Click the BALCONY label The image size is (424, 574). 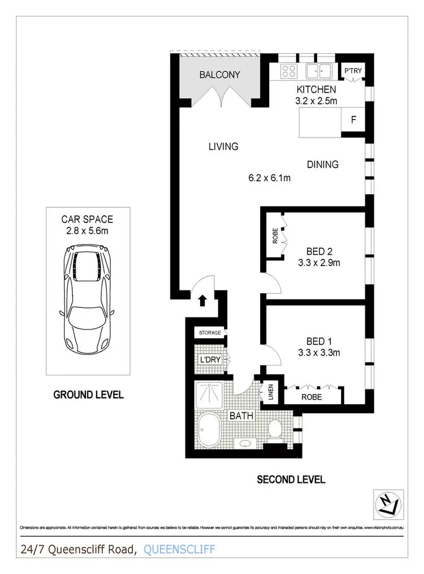[220, 75]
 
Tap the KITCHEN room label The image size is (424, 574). [316, 89]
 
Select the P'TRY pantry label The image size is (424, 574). [354, 71]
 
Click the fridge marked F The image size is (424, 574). [354, 120]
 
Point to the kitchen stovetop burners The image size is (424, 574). [289, 71]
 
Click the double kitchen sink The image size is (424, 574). [319, 71]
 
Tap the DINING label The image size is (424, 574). [323, 165]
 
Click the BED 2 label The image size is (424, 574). [319, 251]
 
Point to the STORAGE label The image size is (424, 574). [209, 333]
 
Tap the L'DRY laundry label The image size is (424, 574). [209, 359]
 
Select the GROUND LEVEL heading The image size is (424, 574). [88, 395]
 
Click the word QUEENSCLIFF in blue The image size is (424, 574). [180, 549]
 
